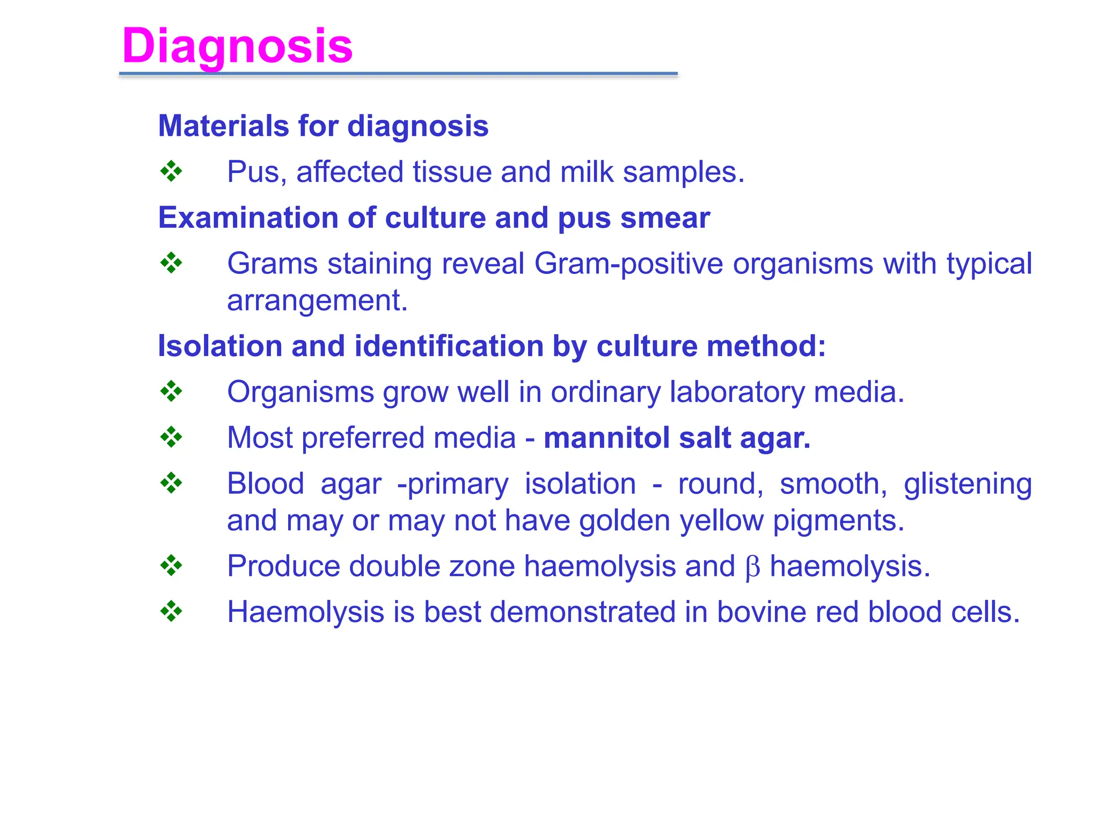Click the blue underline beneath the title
click(398, 74)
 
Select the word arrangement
click(317, 301)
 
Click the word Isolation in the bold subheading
click(219, 346)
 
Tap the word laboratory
click(737, 392)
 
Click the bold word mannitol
click(606, 438)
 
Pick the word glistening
click(967, 484)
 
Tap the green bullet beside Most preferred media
click(171, 437)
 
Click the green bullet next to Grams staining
click(171, 263)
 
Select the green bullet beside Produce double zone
click(171, 566)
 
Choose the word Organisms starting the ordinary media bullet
click(300, 392)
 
